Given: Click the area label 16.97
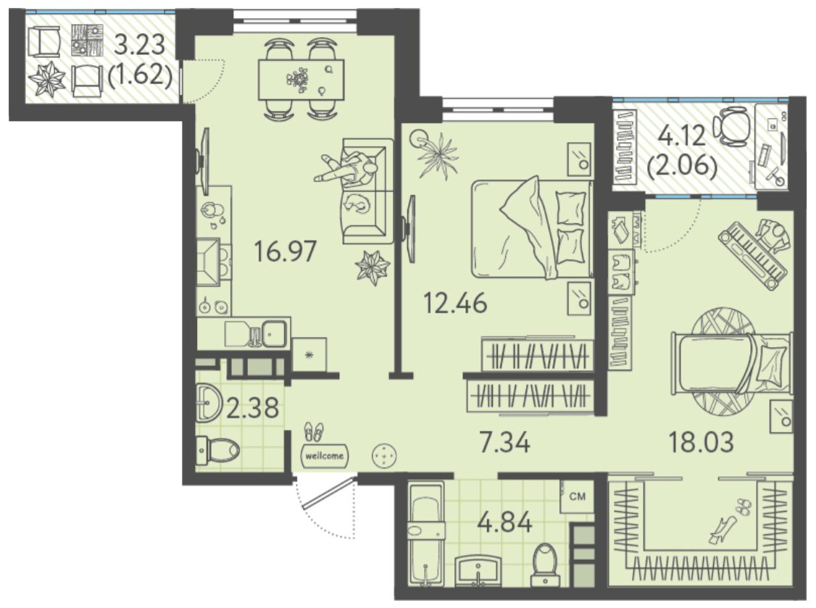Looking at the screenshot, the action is point(286,251).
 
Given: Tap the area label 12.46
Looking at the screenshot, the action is point(455,303).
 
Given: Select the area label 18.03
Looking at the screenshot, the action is point(701,442).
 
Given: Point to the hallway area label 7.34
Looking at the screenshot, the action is point(504,443).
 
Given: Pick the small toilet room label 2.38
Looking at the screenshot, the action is point(253,407).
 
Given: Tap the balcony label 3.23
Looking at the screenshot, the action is point(139,45).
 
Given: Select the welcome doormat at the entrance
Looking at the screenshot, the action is point(325,456).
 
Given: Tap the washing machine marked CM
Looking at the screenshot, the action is point(577,497).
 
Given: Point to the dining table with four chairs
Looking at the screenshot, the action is point(301,79).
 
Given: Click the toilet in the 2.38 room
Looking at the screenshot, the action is point(217,449).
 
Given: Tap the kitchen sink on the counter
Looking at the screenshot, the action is point(274,333).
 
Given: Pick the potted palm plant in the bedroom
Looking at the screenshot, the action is point(436,154).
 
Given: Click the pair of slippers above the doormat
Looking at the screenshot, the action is point(313,432).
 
